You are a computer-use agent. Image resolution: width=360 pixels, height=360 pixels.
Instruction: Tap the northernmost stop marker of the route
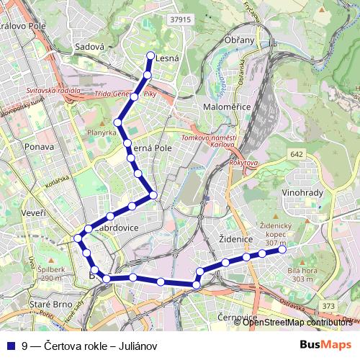pyautogui.click(x=150, y=55)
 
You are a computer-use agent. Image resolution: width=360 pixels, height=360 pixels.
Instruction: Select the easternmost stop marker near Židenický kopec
pyautogui.click(x=283, y=250)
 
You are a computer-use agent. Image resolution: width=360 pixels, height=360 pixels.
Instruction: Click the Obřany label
pyautogui.click(x=240, y=40)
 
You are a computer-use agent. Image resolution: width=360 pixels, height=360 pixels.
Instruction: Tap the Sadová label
pyautogui.click(x=90, y=48)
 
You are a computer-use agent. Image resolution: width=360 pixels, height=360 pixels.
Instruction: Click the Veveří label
pyautogui.click(x=32, y=213)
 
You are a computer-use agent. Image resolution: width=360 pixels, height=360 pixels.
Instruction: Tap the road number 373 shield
pyautogui.click(x=328, y=307)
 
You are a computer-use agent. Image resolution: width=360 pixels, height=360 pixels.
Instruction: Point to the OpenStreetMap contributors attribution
pyautogui.click(x=297, y=322)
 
